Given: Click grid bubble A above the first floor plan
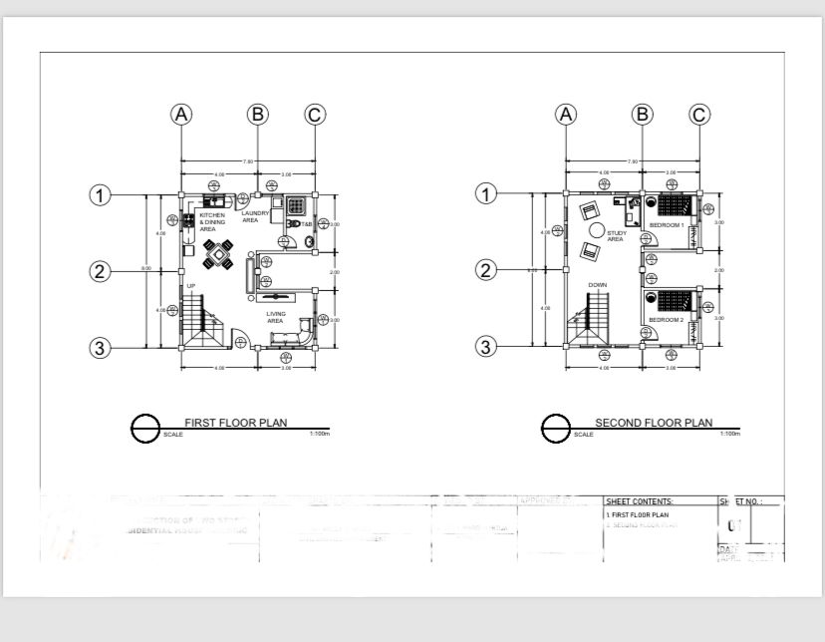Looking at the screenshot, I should click(180, 115).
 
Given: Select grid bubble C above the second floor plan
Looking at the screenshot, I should click(699, 115).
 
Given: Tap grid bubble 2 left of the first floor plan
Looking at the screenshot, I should click(100, 270).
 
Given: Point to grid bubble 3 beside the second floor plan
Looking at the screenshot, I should click(485, 347).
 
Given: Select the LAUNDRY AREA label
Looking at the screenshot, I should click(254, 216).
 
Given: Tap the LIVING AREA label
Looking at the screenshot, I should click(276, 318).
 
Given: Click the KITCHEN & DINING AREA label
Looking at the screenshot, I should click(212, 221).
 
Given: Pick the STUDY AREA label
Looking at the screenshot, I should click(615, 236).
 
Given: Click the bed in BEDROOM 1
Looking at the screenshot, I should click(675, 206).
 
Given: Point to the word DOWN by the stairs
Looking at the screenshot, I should click(597, 285).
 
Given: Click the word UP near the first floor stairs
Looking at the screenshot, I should click(191, 286).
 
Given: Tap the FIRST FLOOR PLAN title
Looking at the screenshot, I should click(235, 423).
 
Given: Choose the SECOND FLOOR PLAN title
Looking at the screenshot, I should click(654, 423).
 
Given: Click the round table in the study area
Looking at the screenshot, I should click(595, 230).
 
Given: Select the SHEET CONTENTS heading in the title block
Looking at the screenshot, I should click(639, 501).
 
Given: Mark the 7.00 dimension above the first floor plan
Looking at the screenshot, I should click(247, 161).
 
